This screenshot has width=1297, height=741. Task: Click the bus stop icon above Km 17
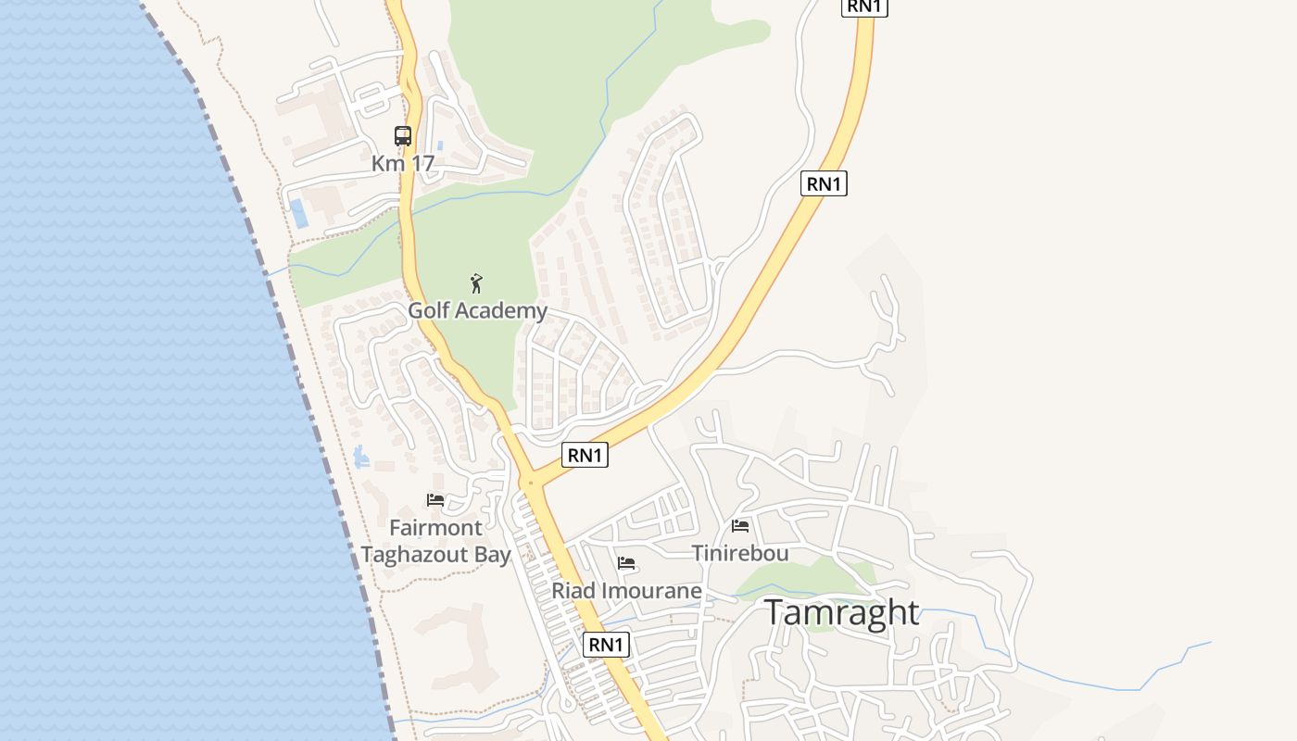403,136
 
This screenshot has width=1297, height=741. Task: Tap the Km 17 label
403,164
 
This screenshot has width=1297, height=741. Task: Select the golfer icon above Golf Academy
476,283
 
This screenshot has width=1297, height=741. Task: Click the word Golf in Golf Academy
429,310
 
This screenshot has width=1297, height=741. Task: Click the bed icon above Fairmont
435,500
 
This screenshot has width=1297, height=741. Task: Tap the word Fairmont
435,528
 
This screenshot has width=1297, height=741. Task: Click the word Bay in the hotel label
492,555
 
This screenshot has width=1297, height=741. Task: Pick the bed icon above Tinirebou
740,526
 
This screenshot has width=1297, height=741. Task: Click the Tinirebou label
740,553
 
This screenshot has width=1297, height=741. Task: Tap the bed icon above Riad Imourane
626,563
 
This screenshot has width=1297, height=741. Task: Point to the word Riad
572,590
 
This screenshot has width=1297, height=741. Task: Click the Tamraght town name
842,612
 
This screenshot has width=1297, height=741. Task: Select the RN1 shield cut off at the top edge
864,6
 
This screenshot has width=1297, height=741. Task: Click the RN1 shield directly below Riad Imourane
606,645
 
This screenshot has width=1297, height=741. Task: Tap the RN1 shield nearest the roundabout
585,455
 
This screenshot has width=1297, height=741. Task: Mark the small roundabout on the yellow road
530,483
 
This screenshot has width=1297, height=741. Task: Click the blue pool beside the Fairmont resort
361,457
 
